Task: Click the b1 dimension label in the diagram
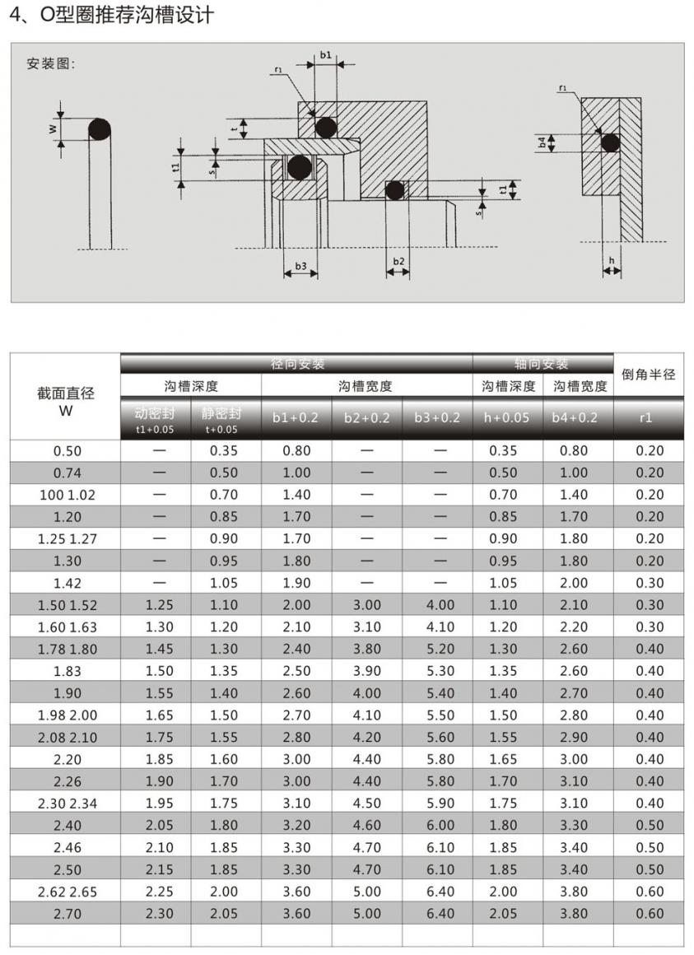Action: coord(326,55)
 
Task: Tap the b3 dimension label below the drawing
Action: coord(300,266)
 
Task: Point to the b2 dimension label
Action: coord(398,261)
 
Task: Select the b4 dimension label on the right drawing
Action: coord(542,143)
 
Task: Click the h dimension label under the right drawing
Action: coord(612,261)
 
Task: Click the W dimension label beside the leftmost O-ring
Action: coord(53,128)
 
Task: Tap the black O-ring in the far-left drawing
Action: coord(100,129)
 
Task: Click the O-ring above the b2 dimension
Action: coord(395,190)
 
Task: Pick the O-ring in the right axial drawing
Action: coord(611,144)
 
